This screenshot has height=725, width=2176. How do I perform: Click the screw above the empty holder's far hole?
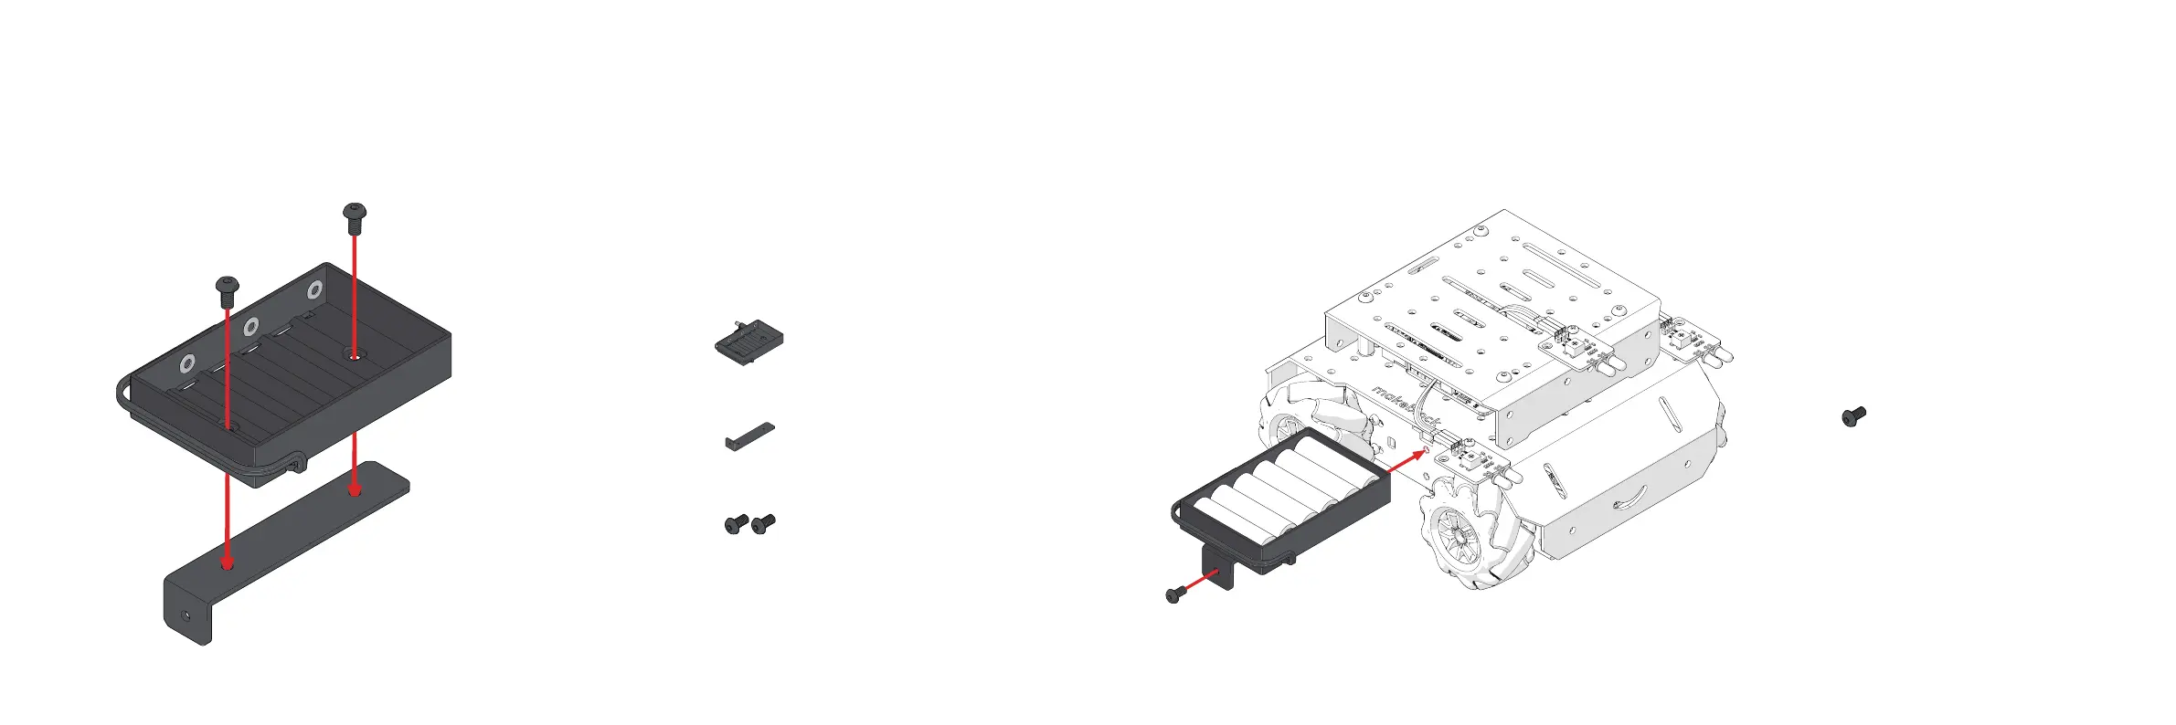354,216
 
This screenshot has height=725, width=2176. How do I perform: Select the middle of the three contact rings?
250,327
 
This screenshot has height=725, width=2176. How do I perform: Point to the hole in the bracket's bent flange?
187,615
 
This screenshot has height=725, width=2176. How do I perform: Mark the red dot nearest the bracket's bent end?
228,564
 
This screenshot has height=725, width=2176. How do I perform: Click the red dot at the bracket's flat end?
354,491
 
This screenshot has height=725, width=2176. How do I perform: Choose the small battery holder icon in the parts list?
748,342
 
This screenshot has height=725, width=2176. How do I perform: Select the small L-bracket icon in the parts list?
749,436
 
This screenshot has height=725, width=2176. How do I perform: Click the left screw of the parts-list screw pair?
736,524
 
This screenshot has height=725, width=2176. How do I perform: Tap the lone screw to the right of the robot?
1853,417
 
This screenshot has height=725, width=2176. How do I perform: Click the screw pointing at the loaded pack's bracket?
1174,595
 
